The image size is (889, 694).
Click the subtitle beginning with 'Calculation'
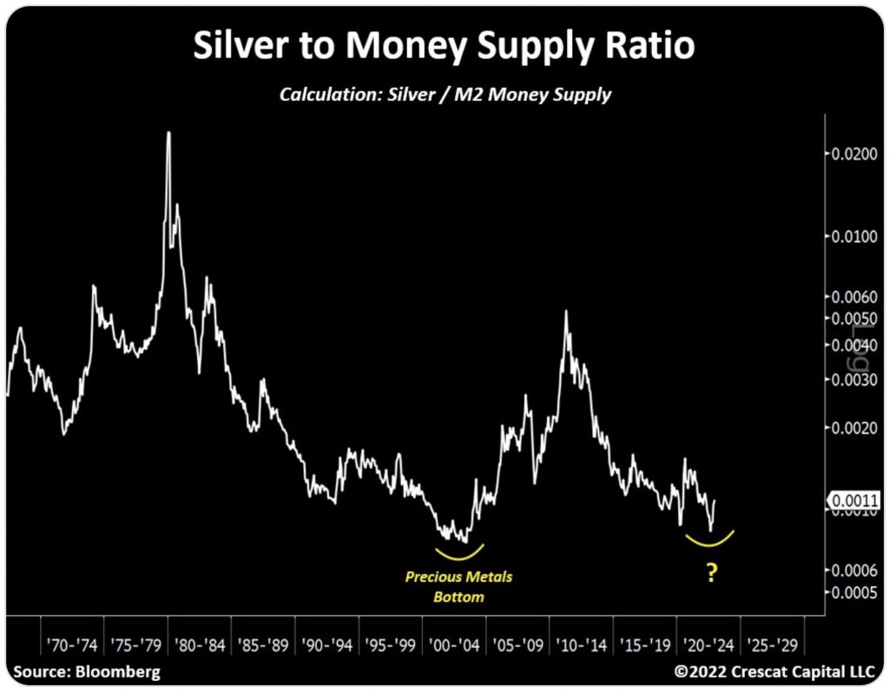point(444,94)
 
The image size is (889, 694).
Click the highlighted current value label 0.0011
point(848,500)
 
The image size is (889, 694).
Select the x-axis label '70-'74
point(71,646)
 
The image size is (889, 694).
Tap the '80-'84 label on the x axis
point(200,646)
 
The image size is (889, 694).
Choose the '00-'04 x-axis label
point(454,646)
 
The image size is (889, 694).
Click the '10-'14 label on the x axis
point(582,646)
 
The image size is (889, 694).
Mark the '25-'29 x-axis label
point(773,646)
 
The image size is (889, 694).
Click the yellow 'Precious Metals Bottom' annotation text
point(459,586)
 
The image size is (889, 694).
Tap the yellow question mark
point(712,573)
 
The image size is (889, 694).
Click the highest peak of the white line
point(168,133)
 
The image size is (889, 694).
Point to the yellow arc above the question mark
point(710,542)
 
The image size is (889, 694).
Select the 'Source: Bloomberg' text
point(87,672)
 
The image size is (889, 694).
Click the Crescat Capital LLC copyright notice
point(775,672)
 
